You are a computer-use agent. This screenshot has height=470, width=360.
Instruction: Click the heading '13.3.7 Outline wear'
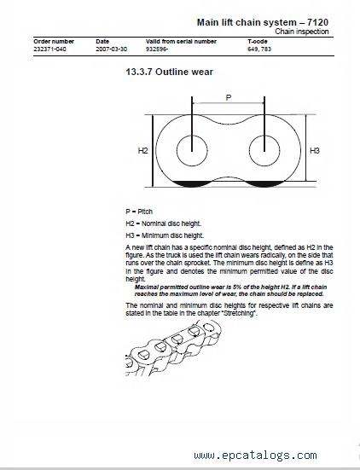tap(170, 72)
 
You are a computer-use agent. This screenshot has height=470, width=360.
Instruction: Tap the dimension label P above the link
tap(229, 98)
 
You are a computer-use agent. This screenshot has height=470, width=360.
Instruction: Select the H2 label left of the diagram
tap(142, 150)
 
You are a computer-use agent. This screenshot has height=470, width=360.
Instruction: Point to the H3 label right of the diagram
tap(315, 150)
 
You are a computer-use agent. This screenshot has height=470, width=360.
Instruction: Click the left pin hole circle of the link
tap(177, 150)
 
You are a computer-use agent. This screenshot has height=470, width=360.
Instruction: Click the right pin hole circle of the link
tap(249, 150)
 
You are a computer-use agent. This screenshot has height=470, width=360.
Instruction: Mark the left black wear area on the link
tap(190, 184)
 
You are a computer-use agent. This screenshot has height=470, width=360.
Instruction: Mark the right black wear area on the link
tap(264, 183)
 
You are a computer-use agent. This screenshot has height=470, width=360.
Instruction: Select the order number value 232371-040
tap(49, 49)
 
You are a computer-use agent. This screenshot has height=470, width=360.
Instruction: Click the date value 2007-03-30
tap(111, 49)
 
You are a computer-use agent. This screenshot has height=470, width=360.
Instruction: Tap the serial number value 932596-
tap(157, 49)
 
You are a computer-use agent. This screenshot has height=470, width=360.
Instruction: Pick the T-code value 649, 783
tap(259, 49)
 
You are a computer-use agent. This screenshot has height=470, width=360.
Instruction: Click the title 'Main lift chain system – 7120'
tap(263, 22)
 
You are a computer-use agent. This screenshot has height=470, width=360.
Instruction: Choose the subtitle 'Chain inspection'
tap(302, 32)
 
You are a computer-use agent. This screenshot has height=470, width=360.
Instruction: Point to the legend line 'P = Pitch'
tap(139, 212)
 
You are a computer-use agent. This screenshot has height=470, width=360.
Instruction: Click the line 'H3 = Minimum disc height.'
tap(165, 235)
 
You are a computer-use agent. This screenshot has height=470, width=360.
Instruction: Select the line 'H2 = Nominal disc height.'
tap(164, 223)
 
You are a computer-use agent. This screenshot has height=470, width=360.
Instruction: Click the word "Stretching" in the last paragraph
tap(240, 313)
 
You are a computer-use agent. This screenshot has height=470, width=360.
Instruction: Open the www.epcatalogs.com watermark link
tap(255, 455)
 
